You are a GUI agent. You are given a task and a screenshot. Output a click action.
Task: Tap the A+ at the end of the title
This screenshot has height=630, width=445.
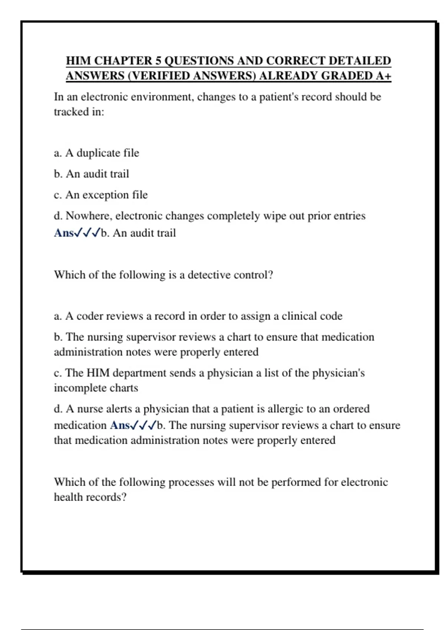click(383, 76)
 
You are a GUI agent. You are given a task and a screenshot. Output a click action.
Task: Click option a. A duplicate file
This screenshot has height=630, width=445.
click(96, 153)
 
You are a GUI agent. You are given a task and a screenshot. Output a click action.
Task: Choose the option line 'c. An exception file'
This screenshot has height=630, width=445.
click(100, 195)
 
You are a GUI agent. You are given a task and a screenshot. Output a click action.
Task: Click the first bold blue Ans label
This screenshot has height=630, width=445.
click(64, 233)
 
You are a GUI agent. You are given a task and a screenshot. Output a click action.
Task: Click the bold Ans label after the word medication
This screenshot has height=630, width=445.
click(119, 425)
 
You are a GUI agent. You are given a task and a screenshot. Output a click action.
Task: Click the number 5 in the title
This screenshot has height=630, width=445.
click(158, 60)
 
